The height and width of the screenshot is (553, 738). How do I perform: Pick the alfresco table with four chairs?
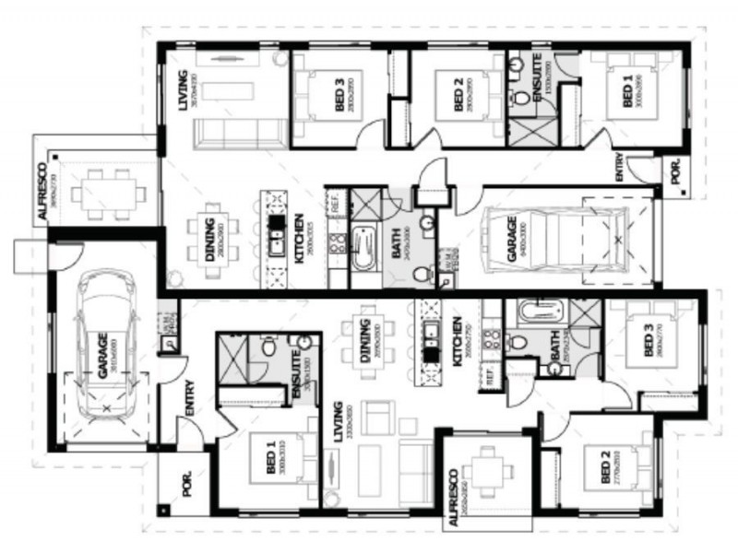(x=489, y=474)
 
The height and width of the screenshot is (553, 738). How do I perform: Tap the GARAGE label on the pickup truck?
(x=513, y=245)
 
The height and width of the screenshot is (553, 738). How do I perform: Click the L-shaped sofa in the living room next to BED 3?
(x=237, y=130)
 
